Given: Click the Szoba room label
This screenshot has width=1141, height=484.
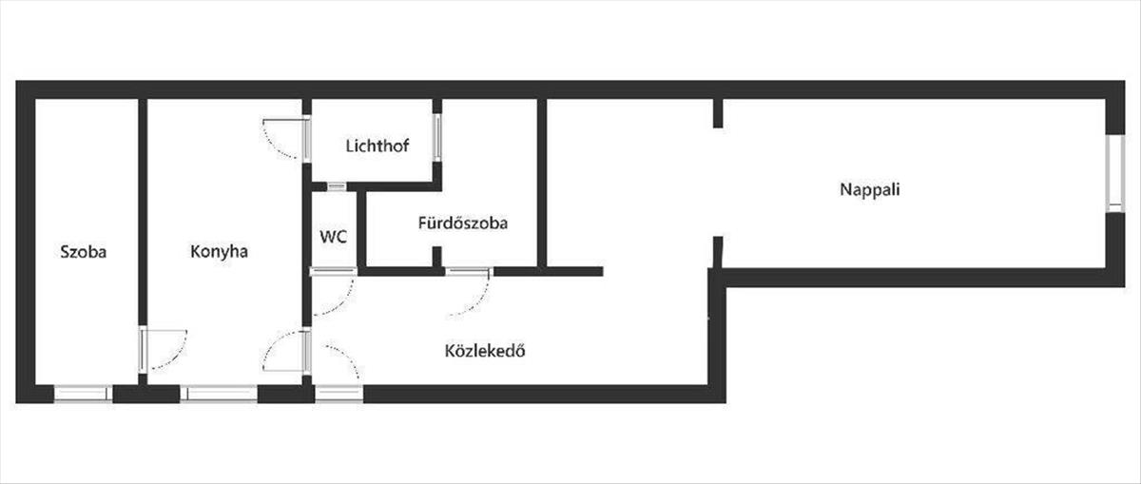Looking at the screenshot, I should tap(83, 252).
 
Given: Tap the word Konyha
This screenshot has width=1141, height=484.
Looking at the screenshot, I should tap(219, 252).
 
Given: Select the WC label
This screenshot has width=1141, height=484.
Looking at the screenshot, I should tap(333, 237).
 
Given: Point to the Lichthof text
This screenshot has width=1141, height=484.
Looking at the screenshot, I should tap(372, 146).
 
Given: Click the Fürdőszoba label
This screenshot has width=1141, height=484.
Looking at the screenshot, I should tap(462, 223).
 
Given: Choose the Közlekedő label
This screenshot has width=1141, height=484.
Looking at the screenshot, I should tap(485, 350).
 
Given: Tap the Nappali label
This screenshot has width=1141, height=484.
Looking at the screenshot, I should tap(869, 188).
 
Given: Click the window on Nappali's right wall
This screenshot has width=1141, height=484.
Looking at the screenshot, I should tap(1112, 171).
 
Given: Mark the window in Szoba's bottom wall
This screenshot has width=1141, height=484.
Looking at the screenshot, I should tap(83, 393).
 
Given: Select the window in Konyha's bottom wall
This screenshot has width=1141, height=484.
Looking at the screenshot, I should tap(219, 393).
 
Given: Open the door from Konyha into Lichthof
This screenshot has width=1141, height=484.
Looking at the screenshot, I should tap(286, 138).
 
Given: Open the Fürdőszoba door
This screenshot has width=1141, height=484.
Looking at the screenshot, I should tap(470, 291).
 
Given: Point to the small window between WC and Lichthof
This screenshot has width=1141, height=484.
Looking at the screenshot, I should tap(336, 186).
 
